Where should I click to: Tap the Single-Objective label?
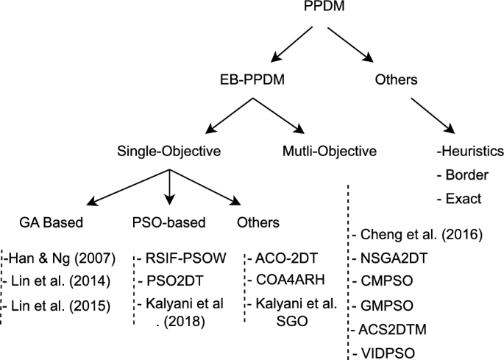click(170, 152)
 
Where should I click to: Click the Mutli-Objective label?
click(330, 152)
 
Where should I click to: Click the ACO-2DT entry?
click(280, 258)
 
